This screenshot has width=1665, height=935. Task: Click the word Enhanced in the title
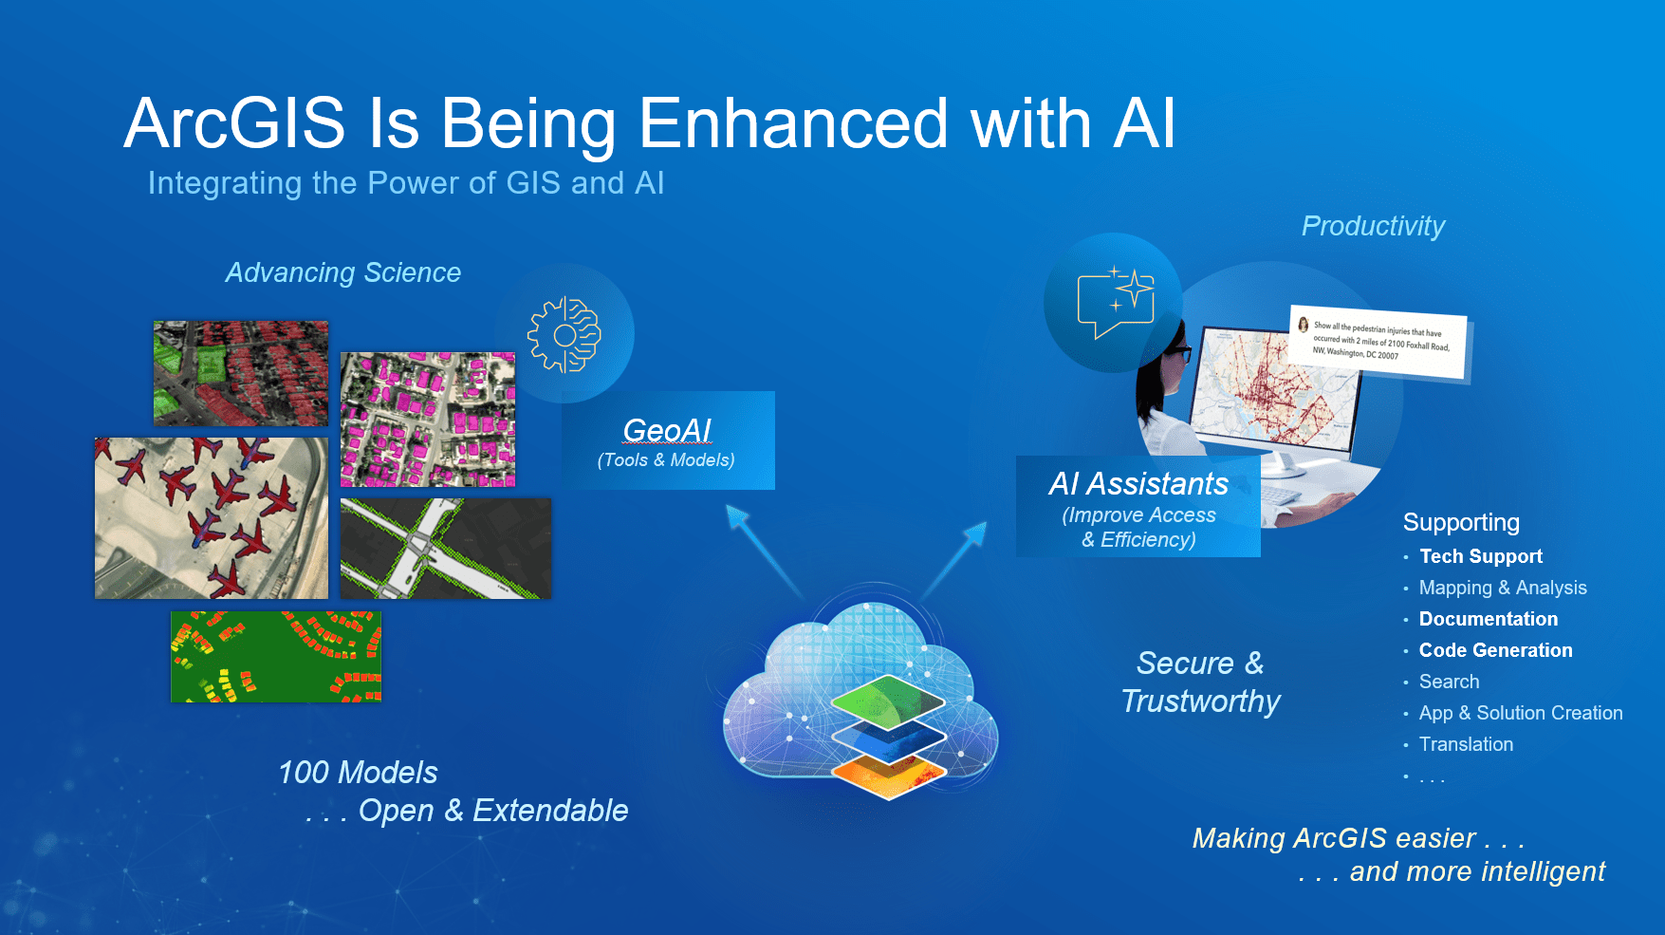(793, 123)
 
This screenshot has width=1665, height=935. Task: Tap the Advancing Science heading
(342, 273)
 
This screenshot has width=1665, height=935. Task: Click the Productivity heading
(1372, 226)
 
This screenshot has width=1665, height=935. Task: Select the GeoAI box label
(667, 431)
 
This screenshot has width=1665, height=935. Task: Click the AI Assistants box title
(1138, 484)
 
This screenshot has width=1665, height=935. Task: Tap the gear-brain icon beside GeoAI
(564, 335)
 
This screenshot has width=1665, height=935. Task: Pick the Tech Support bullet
(1480, 556)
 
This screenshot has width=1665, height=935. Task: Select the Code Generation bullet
(1495, 650)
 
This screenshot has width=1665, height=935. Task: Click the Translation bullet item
(1466, 744)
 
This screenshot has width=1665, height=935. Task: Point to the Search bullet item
(1449, 682)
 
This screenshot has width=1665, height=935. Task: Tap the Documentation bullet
(1488, 619)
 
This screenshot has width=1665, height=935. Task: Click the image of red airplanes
(211, 518)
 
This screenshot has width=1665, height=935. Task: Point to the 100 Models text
(358, 773)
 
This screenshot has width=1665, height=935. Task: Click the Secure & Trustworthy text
(1200, 682)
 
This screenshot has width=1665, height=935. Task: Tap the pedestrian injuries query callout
(1378, 342)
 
